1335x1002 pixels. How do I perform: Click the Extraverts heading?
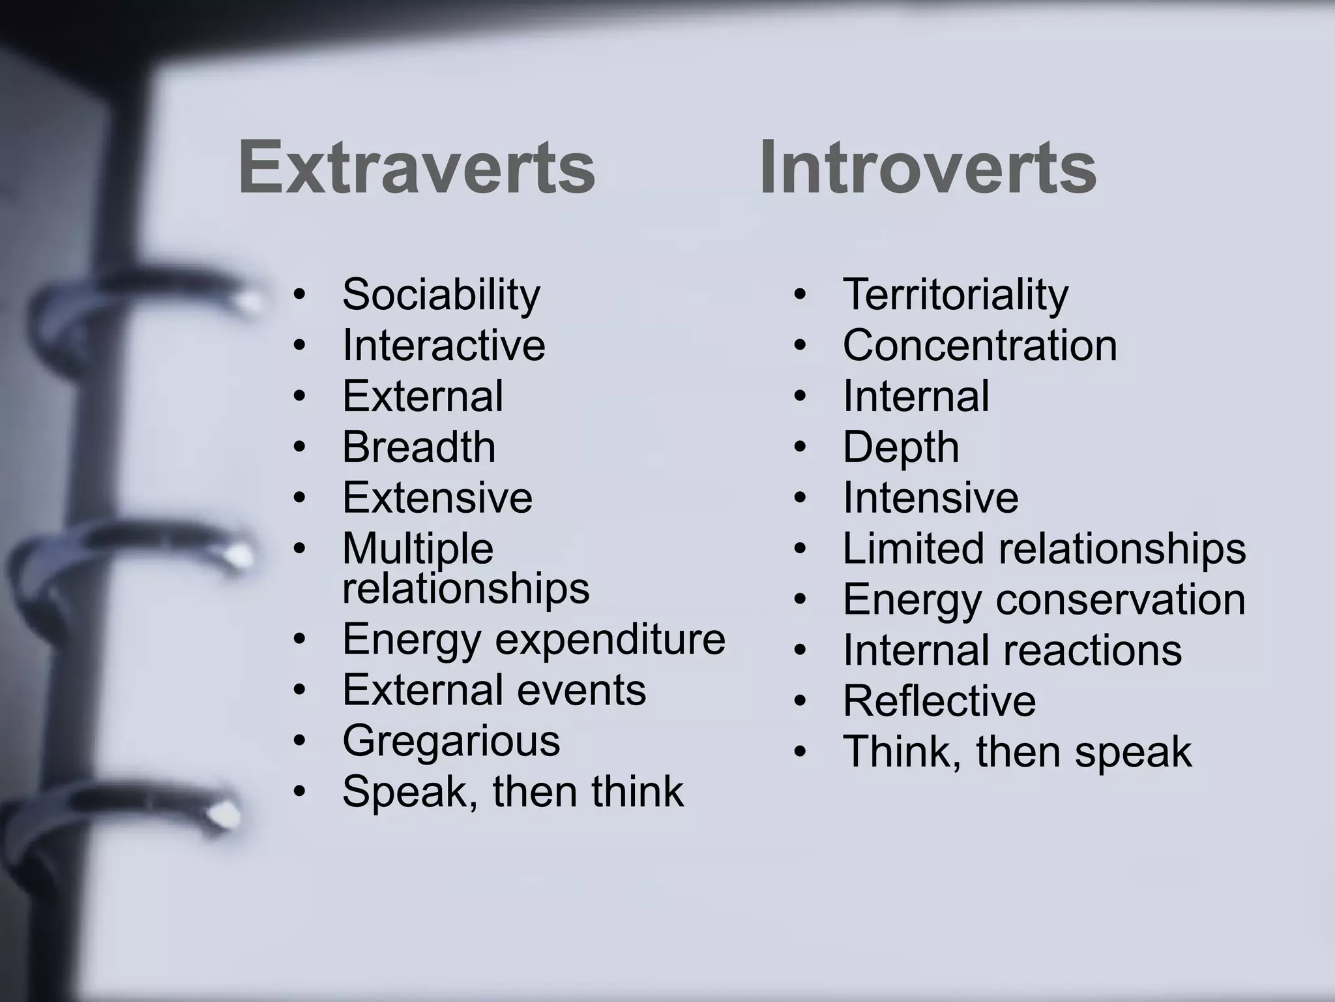pos(417,167)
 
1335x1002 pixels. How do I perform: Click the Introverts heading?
pos(928,167)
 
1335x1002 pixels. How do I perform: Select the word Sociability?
pos(441,294)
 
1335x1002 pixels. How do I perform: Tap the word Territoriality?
pos(955,294)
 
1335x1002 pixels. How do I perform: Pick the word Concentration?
pos(979,345)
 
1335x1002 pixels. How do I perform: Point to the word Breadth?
pos(418,447)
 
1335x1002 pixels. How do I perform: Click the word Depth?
pos(900,448)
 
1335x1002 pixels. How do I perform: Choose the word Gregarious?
pos(450,741)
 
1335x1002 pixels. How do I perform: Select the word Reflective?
pos(939,701)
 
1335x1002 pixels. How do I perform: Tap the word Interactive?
pos(443,345)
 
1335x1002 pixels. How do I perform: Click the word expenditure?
pos(610,639)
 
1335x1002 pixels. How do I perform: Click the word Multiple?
pos(417,549)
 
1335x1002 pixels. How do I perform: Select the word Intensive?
pos(930,498)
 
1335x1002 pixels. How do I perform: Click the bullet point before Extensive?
pos(299,498)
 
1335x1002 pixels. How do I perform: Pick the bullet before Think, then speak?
pos(800,752)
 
